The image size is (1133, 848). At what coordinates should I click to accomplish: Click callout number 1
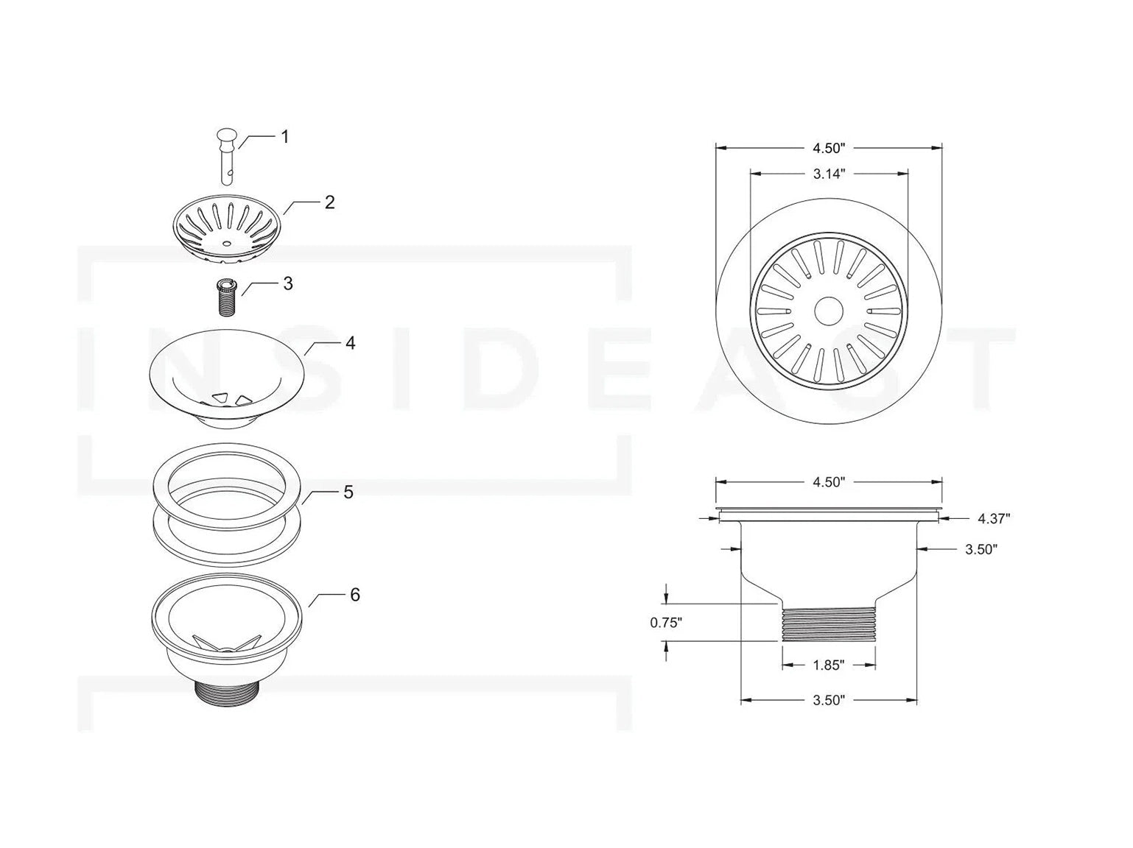pyautogui.click(x=284, y=137)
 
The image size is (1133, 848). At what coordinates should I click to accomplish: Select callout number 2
pyautogui.click(x=329, y=202)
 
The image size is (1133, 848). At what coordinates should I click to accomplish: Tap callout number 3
pyautogui.click(x=287, y=283)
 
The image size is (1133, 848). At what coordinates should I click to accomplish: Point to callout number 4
pyautogui.click(x=350, y=343)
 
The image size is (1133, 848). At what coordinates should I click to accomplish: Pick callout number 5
pyautogui.click(x=348, y=492)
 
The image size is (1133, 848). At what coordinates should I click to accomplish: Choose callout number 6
pyautogui.click(x=354, y=594)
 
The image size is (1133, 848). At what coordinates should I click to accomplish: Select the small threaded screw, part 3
pyautogui.click(x=225, y=297)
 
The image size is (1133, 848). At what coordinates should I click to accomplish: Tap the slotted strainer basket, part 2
pyautogui.click(x=227, y=230)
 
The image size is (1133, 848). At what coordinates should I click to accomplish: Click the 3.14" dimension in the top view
pyautogui.click(x=828, y=174)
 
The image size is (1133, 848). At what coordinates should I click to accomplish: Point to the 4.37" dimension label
pyautogui.click(x=993, y=518)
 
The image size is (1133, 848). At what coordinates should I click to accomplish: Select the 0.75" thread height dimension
pyautogui.click(x=666, y=623)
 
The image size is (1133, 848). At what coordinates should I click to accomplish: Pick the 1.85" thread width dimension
pyautogui.click(x=828, y=665)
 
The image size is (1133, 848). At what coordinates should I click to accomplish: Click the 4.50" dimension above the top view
pyautogui.click(x=828, y=148)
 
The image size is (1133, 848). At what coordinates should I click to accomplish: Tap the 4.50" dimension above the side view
pyautogui.click(x=828, y=482)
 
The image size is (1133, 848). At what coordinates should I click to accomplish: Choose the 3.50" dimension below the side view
pyautogui.click(x=828, y=700)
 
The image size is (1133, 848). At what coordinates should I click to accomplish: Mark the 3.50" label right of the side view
pyautogui.click(x=981, y=549)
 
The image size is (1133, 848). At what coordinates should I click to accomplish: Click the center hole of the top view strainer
pyautogui.click(x=828, y=311)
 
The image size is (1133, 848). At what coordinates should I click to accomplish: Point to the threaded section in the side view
pyautogui.click(x=828, y=623)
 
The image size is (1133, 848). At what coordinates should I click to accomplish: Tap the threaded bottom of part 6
pyautogui.click(x=226, y=691)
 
